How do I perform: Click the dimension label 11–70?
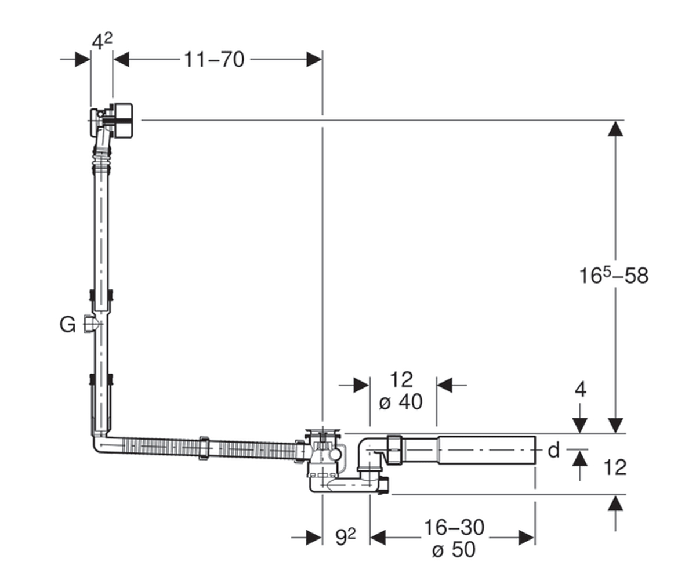[214, 60]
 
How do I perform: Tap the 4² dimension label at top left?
[102, 41]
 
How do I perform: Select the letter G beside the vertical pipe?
[67, 325]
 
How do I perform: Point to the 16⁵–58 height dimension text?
[614, 275]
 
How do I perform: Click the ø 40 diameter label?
[401, 402]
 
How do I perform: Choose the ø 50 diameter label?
[454, 550]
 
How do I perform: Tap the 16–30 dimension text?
[454, 527]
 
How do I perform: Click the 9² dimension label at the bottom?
[345, 537]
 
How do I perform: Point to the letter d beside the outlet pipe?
[554, 451]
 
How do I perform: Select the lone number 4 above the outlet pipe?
[581, 389]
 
